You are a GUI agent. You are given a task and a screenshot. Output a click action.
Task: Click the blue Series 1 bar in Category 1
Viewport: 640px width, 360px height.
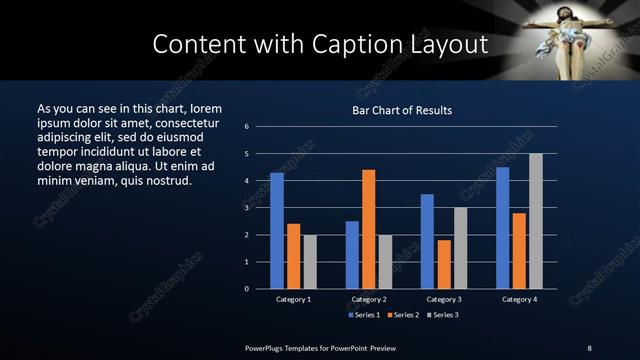coord(277,231)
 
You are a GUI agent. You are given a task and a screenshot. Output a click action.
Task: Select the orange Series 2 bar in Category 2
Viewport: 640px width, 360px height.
coord(369,229)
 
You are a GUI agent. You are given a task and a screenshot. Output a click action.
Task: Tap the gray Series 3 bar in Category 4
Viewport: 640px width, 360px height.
coord(536,221)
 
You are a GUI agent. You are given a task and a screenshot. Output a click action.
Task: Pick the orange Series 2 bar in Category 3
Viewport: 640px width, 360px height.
coord(444,264)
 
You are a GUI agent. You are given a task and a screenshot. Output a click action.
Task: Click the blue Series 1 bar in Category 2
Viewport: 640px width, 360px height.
coord(352,255)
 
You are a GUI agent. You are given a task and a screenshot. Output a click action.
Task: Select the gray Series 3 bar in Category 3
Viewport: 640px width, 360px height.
coord(460,248)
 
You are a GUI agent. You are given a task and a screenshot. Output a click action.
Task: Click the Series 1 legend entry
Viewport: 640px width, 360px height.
coord(365,314)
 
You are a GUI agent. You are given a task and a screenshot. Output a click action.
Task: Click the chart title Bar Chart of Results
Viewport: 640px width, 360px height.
coord(403,110)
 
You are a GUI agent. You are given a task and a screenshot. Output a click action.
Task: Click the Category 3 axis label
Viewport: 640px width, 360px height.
coord(443,299)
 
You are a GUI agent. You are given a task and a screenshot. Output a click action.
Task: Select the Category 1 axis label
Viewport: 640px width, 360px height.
coord(293,299)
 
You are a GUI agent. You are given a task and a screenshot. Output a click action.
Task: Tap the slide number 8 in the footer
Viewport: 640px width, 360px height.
coord(589,347)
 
